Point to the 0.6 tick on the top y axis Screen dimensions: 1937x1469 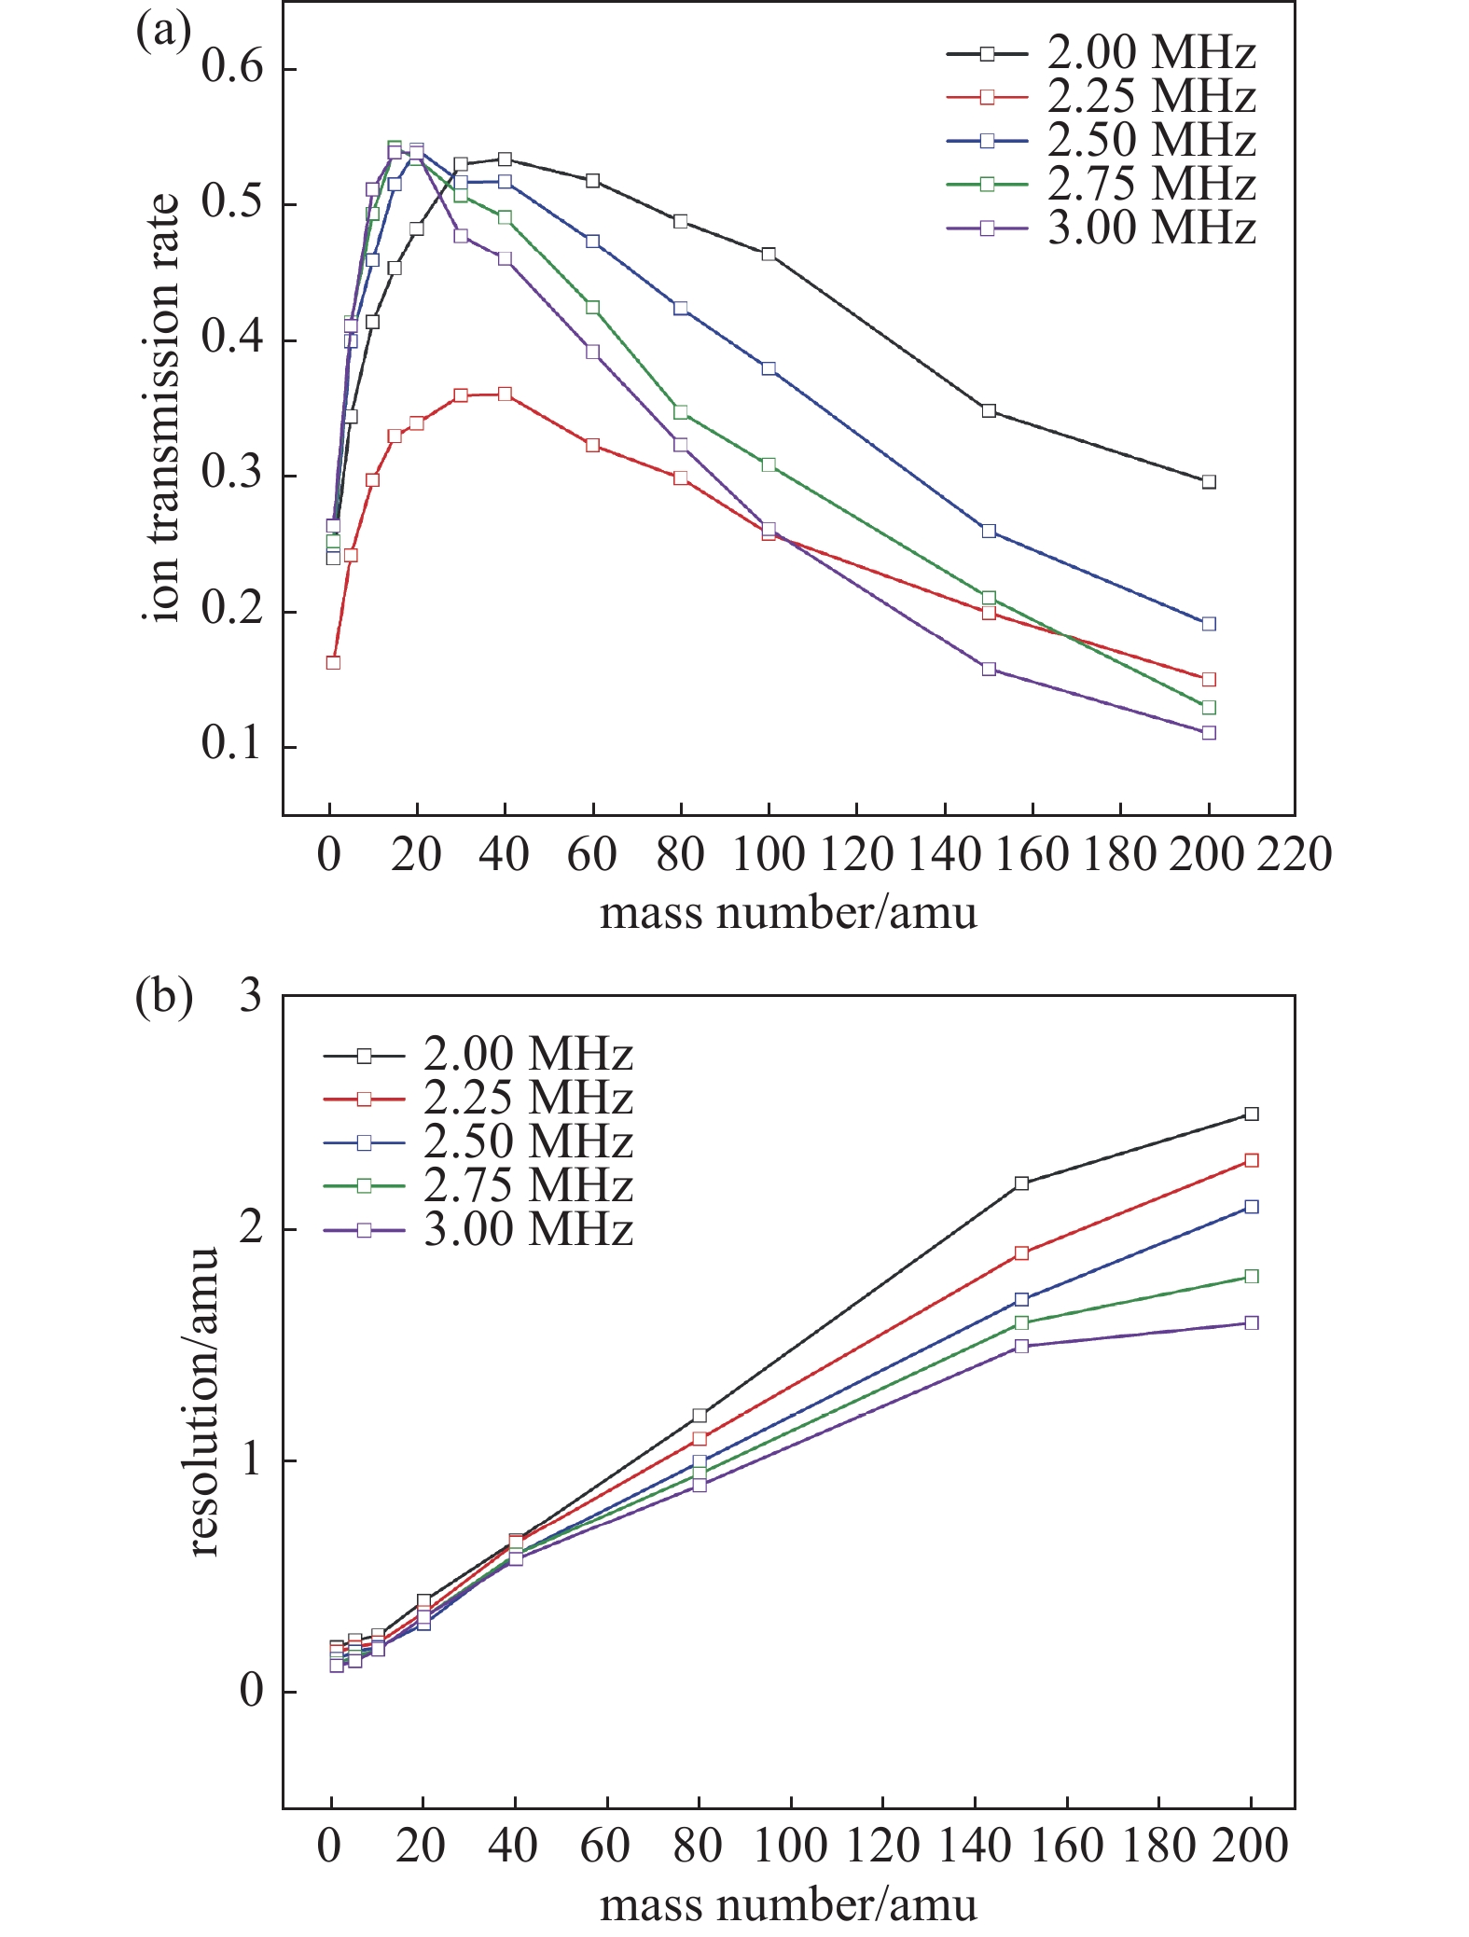tap(233, 69)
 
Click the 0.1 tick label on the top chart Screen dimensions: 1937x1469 tap(233, 747)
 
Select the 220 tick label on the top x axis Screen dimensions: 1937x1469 tap(1294, 854)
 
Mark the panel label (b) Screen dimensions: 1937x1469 tap(164, 996)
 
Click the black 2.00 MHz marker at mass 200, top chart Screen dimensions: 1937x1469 tap(1209, 482)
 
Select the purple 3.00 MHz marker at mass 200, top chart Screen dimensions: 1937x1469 tap(1209, 733)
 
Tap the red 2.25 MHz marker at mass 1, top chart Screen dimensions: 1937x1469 tap(333, 663)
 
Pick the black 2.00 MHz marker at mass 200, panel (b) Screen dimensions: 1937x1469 tap(1252, 1114)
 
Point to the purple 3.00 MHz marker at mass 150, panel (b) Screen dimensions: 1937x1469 tap(1021, 1346)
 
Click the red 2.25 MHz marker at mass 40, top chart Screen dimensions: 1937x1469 tap(505, 394)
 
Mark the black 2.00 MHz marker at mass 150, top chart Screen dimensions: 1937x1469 tap(989, 411)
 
